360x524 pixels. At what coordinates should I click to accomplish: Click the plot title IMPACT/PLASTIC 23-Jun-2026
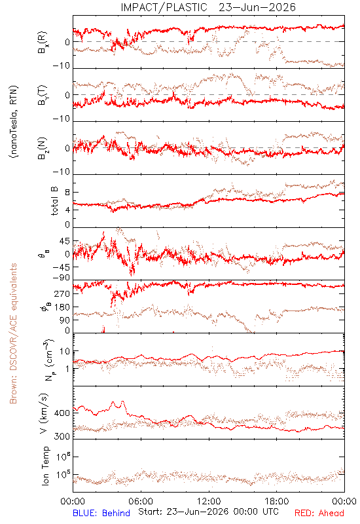click(x=208, y=7)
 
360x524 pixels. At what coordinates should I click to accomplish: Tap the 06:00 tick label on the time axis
click(x=141, y=502)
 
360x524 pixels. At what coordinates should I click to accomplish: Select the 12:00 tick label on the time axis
click(x=209, y=502)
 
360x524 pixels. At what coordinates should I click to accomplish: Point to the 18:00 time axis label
click(x=277, y=502)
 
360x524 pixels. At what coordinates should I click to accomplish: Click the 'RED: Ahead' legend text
click(x=319, y=513)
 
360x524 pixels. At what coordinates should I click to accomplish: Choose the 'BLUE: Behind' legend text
click(x=101, y=513)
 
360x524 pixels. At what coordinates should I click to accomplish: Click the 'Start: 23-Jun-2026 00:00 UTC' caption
click(x=208, y=512)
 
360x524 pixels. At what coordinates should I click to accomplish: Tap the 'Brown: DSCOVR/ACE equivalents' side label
click(x=13, y=333)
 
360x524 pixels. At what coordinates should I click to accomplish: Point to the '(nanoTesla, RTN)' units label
click(x=14, y=121)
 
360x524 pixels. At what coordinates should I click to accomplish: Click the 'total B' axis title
click(x=54, y=201)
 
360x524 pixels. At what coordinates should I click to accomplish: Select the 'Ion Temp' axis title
click(x=45, y=466)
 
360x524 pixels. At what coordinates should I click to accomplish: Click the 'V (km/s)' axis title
click(x=44, y=413)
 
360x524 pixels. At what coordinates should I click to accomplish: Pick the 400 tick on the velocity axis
click(x=62, y=413)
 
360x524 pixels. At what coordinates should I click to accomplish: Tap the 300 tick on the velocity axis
click(x=62, y=436)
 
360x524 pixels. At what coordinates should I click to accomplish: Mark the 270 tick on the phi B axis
click(x=62, y=293)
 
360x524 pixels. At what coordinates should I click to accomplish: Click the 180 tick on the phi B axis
click(x=62, y=307)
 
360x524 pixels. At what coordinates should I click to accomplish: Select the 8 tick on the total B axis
click(x=67, y=193)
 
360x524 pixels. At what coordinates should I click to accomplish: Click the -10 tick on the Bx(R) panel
click(x=61, y=66)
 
